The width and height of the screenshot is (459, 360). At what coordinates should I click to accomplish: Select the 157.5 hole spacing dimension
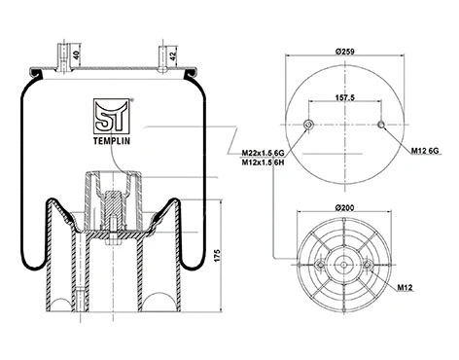pos(346,97)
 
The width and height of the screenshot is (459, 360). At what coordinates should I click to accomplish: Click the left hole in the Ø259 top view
pos(308,124)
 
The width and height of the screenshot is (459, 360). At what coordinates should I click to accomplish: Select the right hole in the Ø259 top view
pos(384,124)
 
